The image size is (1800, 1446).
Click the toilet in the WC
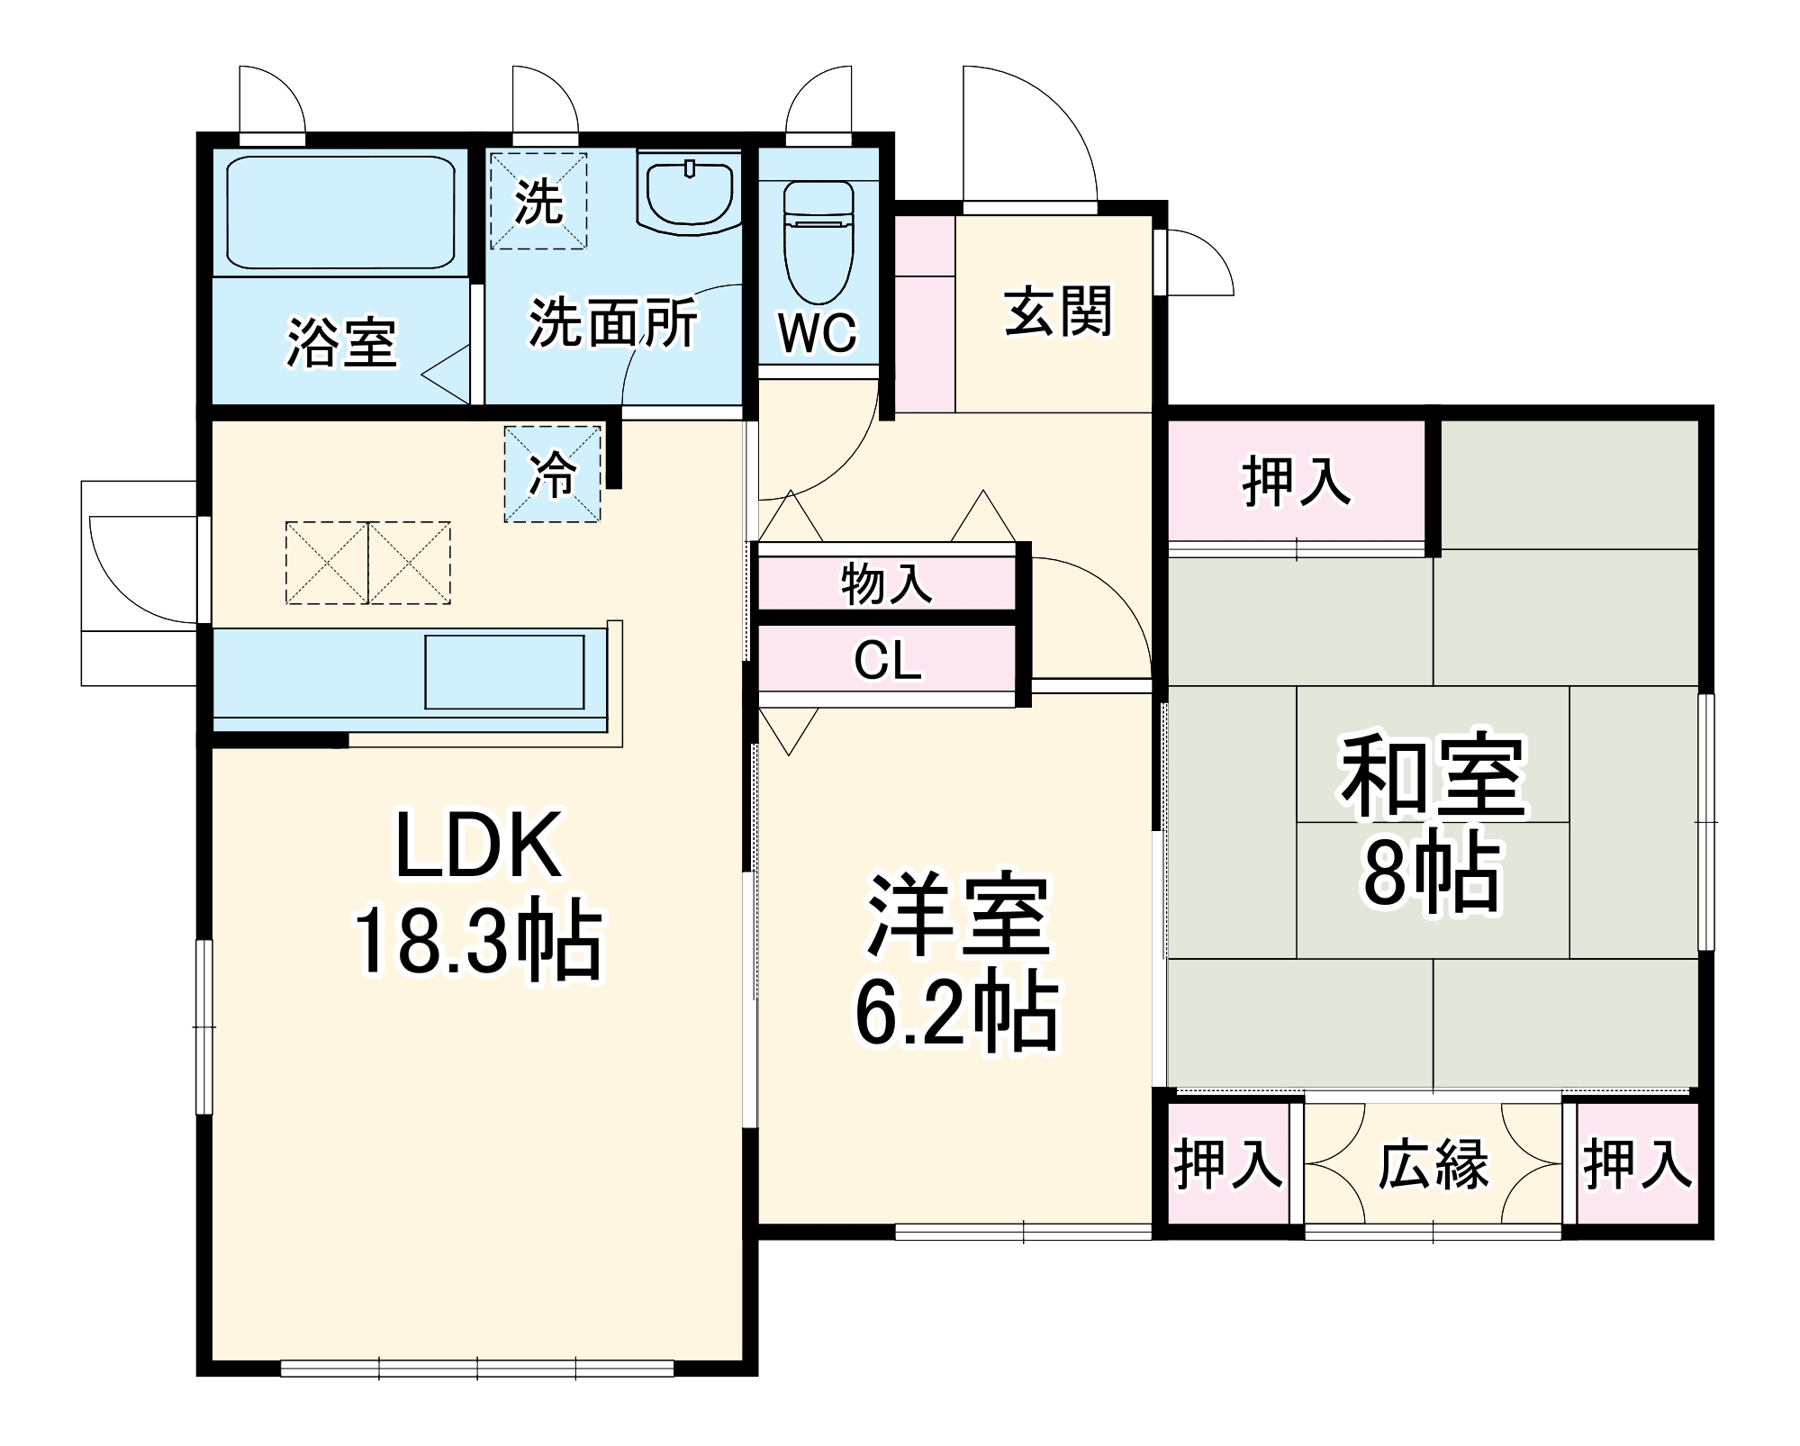pyautogui.click(x=818, y=243)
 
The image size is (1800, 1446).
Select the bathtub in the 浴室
pyautogui.click(x=340, y=212)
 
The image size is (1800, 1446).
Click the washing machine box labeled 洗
pyautogui.click(x=538, y=202)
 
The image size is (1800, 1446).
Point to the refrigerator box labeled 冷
pyautogui.click(x=552, y=474)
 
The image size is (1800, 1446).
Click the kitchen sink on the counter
pyautogui.click(x=504, y=673)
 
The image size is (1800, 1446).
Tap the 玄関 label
pyautogui.click(x=1058, y=312)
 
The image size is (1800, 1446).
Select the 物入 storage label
pyautogui.click(x=886, y=583)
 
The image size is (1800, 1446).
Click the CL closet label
pyautogui.click(x=887, y=661)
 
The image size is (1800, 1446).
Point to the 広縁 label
pyautogui.click(x=1433, y=1164)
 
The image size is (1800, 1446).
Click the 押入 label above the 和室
pyautogui.click(x=1296, y=483)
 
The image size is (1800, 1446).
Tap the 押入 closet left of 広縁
pyautogui.click(x=1227, y=1163)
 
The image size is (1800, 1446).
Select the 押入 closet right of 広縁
pyautogui.click(x=1637, y=1163)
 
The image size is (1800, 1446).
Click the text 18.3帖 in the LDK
pyautogui.click(x=477, y=939)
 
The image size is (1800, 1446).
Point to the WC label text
pyautogui.click(x=818, y=333)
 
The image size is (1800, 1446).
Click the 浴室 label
pyautogui.click(x=341, y=342)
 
